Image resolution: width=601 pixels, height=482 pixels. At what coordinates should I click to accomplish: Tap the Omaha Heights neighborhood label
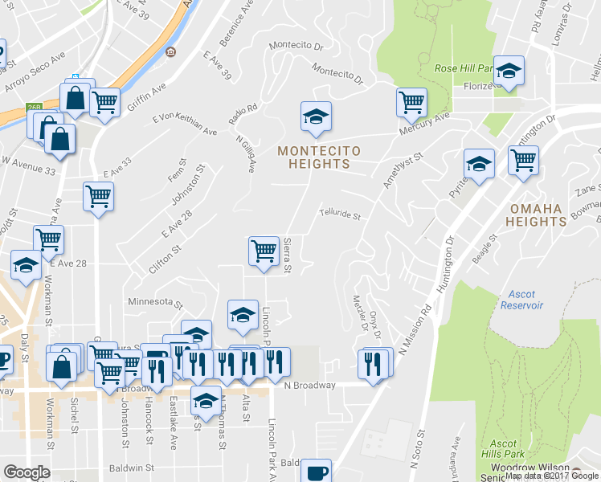tap(538, 214)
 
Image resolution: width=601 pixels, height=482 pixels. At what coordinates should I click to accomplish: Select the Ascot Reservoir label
tap(521, 300)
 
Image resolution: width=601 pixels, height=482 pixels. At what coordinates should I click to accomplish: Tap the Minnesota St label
tap(156, 302)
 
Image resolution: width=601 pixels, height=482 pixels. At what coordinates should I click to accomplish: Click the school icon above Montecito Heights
tap(316, 116)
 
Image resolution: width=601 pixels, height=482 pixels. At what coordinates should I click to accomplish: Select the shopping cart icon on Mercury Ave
tap(411, 102)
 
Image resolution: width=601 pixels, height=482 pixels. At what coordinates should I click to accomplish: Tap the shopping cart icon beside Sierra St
tap(264, 251)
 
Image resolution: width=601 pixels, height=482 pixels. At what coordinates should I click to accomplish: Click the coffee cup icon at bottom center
tap(316, 470)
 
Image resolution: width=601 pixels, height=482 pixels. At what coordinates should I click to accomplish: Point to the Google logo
tap(27, 472)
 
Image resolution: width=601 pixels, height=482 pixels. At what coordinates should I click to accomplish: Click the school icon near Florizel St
tap(509, 71)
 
